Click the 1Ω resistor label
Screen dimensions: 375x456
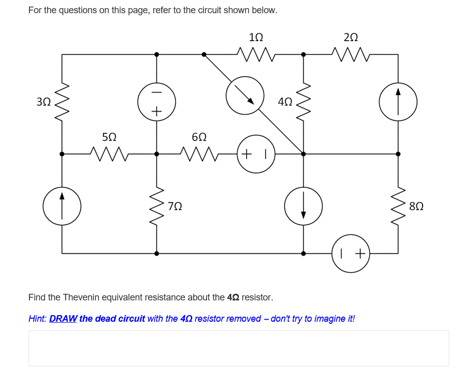point(256,37)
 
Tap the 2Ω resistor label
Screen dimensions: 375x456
point(350,37)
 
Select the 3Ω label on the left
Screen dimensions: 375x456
point(44,101)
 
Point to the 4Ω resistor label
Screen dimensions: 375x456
point(285,101)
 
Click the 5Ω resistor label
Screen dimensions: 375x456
point(109,137)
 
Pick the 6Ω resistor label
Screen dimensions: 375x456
point(199,137)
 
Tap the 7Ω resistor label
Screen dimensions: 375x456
point(175,207)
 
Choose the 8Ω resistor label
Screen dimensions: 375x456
point(416,207)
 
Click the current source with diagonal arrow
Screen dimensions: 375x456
point(245,95)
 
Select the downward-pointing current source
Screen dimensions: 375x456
point(303,206)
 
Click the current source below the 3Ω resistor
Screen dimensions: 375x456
point(62,206)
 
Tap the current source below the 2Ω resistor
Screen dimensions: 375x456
point(398,101)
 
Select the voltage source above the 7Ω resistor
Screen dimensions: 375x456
point(156,101)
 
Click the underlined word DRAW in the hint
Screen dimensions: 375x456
point(63,319)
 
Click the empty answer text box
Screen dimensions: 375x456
point(238,348)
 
